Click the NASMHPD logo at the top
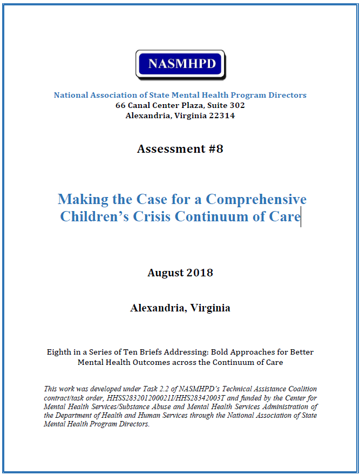(180, 65)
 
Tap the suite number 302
(236, 105)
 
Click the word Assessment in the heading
(164, 149)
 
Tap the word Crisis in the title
(153, 217)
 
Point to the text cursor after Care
(301, 218)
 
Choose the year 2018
(200, 273)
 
